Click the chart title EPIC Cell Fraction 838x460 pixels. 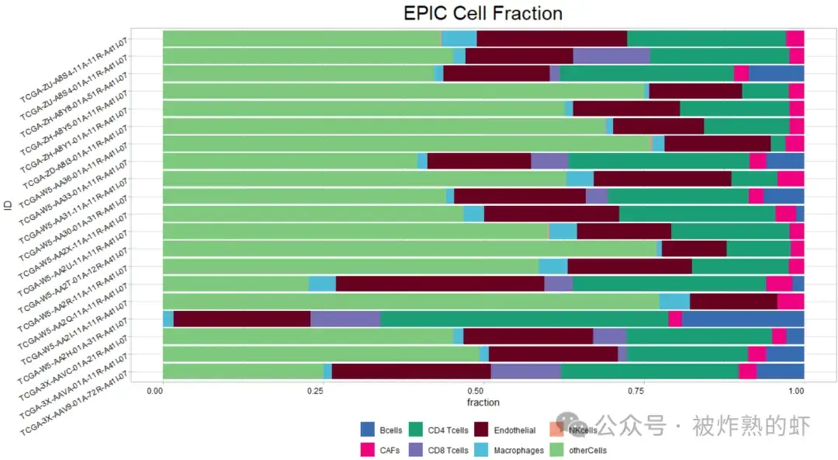483,14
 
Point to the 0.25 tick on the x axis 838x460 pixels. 313,392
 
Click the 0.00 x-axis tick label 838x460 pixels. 155,392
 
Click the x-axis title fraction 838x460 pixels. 483,402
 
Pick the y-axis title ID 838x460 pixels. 8,205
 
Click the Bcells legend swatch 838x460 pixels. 368,430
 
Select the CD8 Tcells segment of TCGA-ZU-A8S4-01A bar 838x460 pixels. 611,56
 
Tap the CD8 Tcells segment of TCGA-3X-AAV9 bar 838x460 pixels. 525,371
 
